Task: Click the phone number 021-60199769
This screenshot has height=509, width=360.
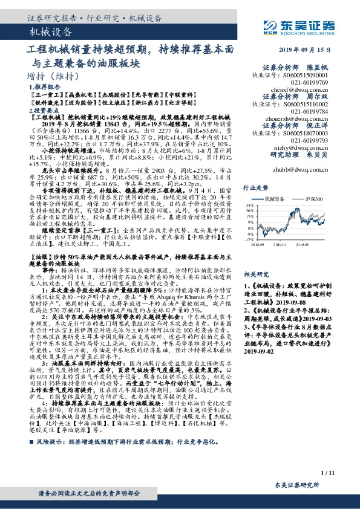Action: pyautogui.click(x=309, y=81)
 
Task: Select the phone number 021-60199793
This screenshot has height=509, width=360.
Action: pyautogui.click(x=309, y=140)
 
